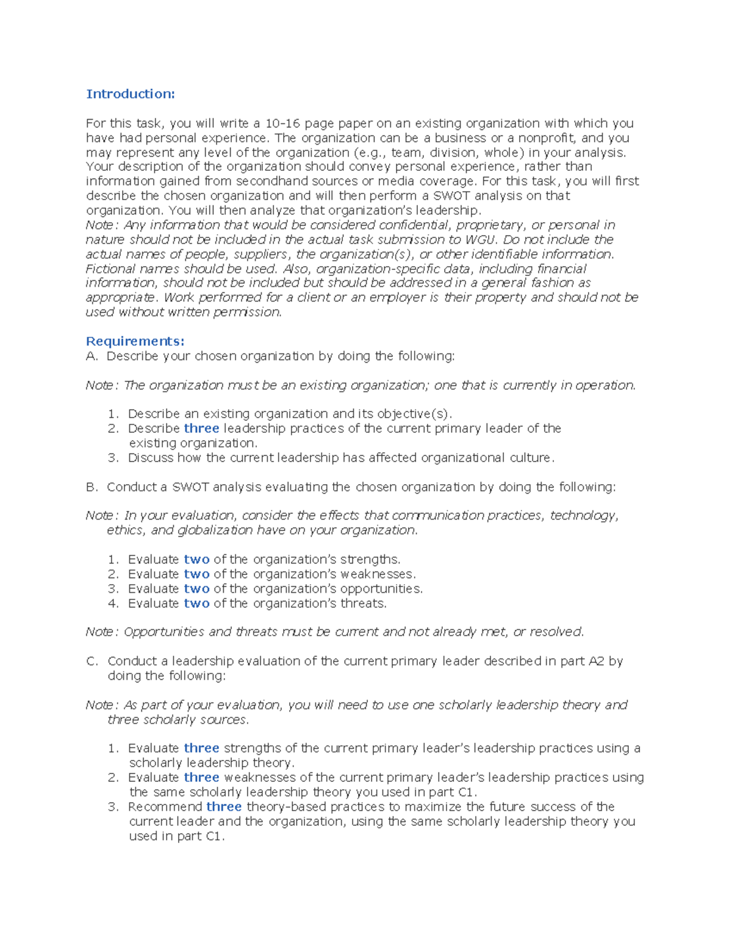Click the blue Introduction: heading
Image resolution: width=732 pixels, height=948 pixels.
[x=130, y=93]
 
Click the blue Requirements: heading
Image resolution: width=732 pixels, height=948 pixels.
[x=135, y=341]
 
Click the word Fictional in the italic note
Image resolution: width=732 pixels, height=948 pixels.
[x=110, y=269]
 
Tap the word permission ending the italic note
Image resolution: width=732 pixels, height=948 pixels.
[x=251, y=312]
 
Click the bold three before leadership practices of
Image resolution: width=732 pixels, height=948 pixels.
[x=201, y=429]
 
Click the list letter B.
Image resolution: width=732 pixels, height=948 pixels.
[x=91, y=487]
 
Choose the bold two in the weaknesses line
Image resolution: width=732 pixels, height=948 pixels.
[x=196, y=574]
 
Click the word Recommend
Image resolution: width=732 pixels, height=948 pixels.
[x=165, y=807]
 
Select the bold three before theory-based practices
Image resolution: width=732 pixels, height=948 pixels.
[x=224, y=807]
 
